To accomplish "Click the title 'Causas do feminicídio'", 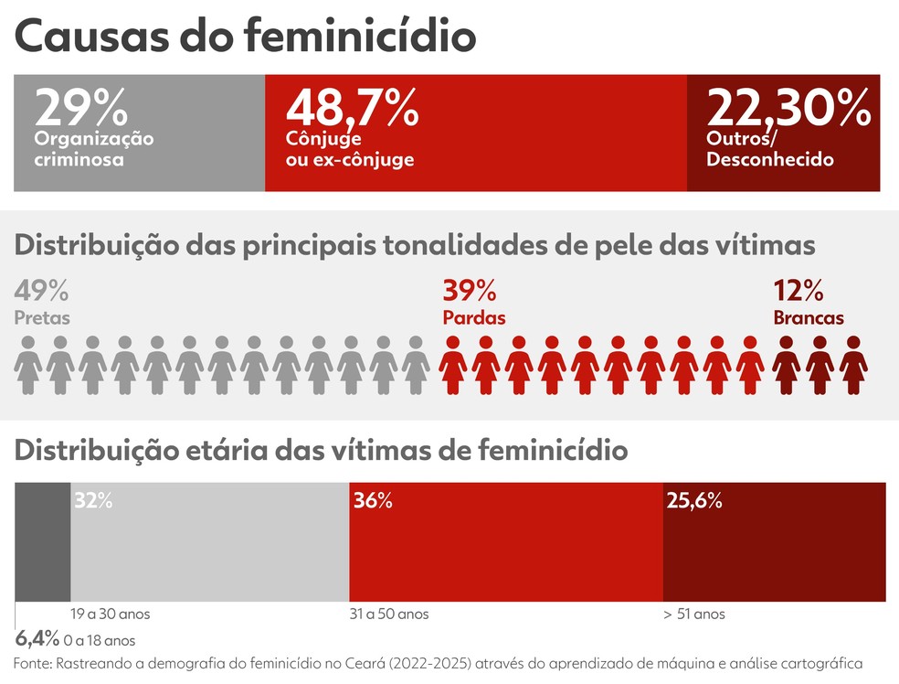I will (x=245, y=37).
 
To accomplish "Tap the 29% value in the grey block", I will (x=80, y=108).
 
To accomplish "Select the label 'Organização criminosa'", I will (x=93, y=149).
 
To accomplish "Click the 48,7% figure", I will (x=352, y=108).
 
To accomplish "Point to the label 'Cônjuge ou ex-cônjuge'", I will (x=349, y=150).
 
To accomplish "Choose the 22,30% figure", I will (x=788, y=108).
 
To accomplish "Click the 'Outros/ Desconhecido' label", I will (x=769, y=150).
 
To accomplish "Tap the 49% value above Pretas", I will (x=41, y=293).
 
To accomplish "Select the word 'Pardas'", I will (x=473, y=318).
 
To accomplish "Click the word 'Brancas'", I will (x=808, y=318).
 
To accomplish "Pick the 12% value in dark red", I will (x=799, y=293).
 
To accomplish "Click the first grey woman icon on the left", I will (x=28, y=365).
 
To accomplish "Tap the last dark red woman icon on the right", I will (x=853, y=365).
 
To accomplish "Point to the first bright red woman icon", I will (x=453, y=365).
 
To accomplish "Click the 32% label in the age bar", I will (x=93, y=501).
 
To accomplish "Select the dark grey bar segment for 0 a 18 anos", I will (x=42, y=541).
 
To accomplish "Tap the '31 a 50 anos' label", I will (x=389, y=614).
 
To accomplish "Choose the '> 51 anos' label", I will (x=694, y=614).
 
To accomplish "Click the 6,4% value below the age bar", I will (x=37, y=638).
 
